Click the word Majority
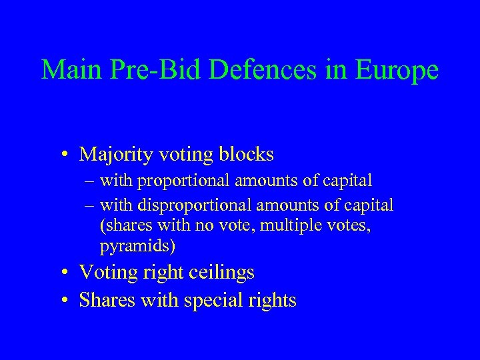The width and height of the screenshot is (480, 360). click(x=116, y=155)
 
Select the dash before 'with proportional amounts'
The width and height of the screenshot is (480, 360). click(x=90, y=181)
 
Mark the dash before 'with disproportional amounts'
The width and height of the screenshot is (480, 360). click(x=90, y=205)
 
